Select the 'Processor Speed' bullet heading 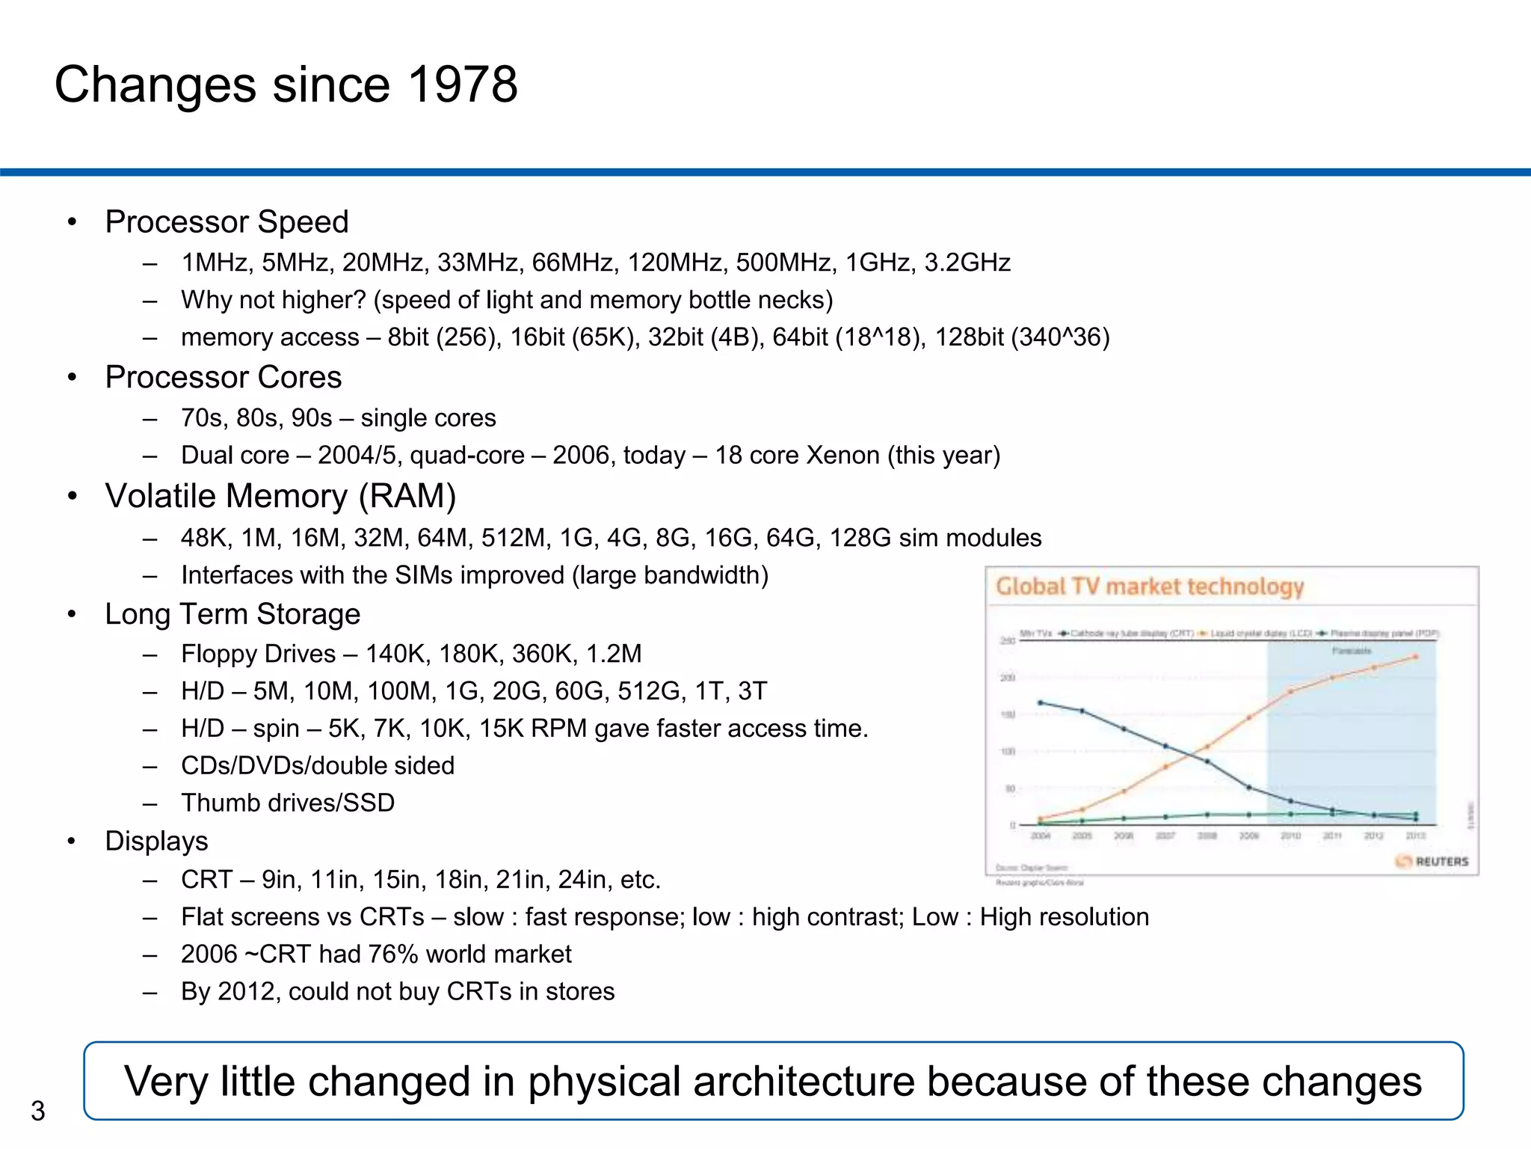[x=227, y=222]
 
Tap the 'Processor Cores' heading [x=223, y=377]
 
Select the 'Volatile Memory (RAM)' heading [x=280, y=496]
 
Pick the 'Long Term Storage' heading [x=232, y=614]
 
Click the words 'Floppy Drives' [x=258, y=654]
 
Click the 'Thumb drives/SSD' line [x=288, y=803]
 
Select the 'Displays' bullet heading [x=156, y=841]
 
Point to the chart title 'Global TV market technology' [x=1150, y=586]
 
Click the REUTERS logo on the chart [x=1432, y=861]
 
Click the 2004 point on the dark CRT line [x=1041, y=702]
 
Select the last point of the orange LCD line [x=1415, y=657]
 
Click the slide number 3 [x=38, y=1111]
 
